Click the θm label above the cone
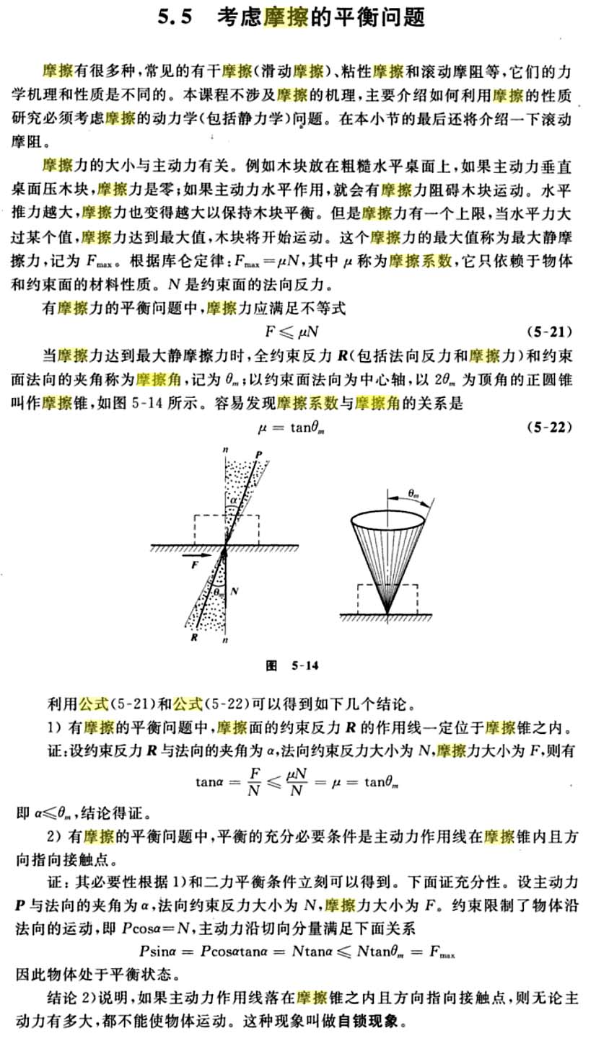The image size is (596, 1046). [x=413, y=494]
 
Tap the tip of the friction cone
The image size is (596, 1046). [x=387, y=613]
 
